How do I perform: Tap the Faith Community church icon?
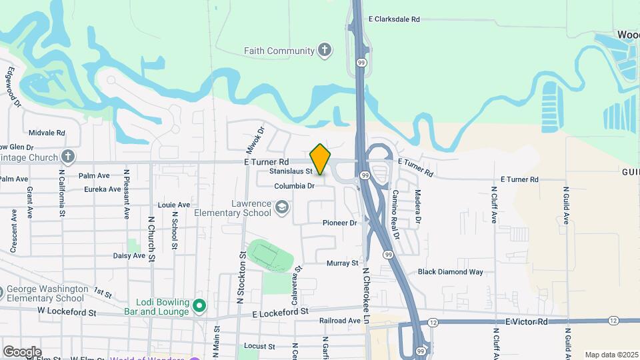324,51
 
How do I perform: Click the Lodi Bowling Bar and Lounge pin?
199,307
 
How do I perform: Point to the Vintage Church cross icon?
67,157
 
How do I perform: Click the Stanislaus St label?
291,171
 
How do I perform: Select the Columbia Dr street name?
294,186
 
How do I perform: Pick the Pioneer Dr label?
340,223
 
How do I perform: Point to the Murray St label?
343,263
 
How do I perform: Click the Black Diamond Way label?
450,272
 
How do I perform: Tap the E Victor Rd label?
526,321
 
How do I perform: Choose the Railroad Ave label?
340,321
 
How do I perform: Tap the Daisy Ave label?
129,255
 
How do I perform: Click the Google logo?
21,351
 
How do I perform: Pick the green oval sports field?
271,255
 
